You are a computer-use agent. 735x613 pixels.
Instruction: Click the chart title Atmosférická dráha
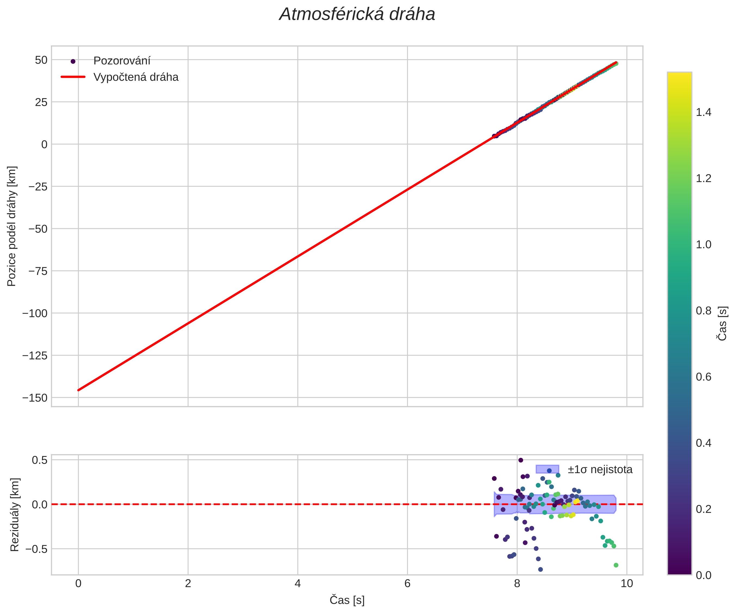pyautogui.click(x=357, y=15)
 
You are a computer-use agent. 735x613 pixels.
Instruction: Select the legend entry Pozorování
pyautogui.click(x=122, y=61)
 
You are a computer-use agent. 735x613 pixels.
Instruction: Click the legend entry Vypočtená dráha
pyautogui.click(x=136, y=77)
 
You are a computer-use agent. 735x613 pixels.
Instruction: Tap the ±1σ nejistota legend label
pyautogui.click(x=600, y=470)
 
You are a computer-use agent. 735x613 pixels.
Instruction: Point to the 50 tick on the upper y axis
pyautogui.click(x=41, y=60)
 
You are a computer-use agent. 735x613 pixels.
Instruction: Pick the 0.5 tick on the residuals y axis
pyautogui.click(x=39, y=460)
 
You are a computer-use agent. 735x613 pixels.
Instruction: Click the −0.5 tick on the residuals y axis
pyautogui.click(x=36, y=549)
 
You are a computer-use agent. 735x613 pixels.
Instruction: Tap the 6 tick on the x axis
pyautogui.click(x=407, y=584)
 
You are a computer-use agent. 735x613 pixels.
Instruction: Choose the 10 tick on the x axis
pyautogui.click(x=627, y=584)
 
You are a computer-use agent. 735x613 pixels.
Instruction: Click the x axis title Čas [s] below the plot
pyautogui.click(x=347, y=600)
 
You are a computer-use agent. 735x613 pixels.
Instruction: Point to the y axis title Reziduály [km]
pyautogui.click(x=14, y=515)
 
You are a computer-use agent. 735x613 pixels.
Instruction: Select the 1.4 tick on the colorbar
pyautogui.click(x=703, y=112)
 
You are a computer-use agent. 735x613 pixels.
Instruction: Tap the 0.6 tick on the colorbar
pyautogui.click(x=703, y=377)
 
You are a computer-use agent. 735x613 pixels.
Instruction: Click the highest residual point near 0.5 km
pyautogui.click(x=520, y=460)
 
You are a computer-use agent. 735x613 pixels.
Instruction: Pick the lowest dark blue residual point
pyautogui.click(x=540, y=569)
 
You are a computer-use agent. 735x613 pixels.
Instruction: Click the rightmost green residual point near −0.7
pyautogui.click(x=616, y=565)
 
